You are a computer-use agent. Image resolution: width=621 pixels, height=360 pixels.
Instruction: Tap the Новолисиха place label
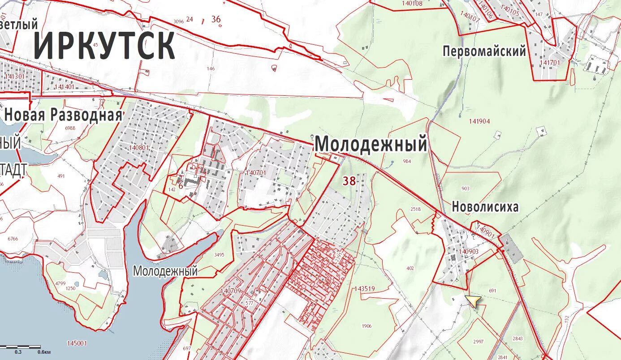[485, 207]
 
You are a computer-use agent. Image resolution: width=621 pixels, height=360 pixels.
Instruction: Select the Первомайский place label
[484, 51]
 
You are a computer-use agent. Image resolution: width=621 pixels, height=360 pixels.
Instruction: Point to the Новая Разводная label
[63, 115]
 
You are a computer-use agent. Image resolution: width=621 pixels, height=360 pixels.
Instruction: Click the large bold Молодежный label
[371, 145]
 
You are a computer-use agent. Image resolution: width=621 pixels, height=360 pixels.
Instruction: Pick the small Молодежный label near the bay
[165, 271]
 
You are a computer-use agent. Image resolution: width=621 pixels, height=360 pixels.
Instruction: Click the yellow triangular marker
[473, 301]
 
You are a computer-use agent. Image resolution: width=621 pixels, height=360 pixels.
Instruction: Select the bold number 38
[349, 181]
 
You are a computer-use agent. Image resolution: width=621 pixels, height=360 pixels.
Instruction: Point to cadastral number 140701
[256, 172]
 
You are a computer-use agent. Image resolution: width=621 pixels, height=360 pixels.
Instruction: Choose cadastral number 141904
[479, 121]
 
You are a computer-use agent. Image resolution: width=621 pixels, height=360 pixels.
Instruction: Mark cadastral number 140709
[231, 291]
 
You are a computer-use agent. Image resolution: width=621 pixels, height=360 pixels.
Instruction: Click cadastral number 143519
[364, 289]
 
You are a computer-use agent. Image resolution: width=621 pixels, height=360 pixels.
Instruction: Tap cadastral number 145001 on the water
[77, 343]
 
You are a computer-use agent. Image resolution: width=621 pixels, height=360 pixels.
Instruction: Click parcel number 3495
[219, 255]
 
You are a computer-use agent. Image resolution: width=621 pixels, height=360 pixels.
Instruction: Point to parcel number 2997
[478, 342]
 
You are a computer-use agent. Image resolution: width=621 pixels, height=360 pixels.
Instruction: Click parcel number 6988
[70, 128]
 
